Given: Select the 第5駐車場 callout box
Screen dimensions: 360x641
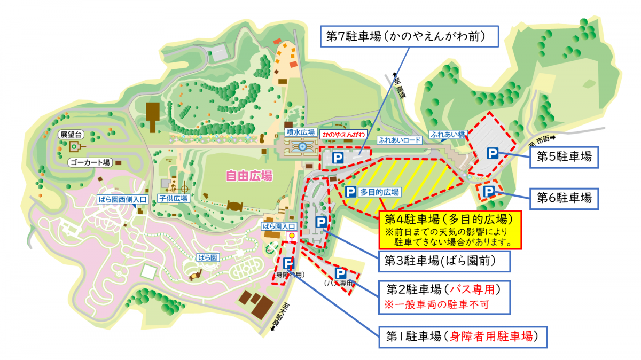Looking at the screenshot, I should (x=564, y=157).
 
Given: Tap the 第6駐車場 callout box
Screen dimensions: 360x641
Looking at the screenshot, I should (x=564, y=198).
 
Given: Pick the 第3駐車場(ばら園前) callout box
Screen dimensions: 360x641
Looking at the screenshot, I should (x=444, y=261).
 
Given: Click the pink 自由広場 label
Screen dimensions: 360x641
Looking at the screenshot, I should (x=249, y=176).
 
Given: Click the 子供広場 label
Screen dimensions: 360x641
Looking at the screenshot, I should (x=173, y=198).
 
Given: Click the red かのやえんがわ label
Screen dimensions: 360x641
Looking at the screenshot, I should (x=344, y=134).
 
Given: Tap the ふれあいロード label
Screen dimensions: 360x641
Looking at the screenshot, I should (x=400, y=140).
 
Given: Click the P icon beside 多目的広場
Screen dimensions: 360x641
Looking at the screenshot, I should (x=350, y=192).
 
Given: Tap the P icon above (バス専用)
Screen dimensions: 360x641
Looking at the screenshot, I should (x=339, y=273).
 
